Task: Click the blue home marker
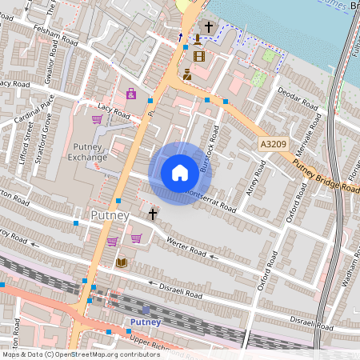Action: point(180,173)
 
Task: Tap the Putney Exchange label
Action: point(87,151)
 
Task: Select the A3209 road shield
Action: point(274,144)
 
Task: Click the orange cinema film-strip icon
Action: point(198,56)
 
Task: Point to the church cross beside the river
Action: point(208,27)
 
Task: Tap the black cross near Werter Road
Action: point(152,214)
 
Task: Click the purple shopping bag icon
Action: point(130,94)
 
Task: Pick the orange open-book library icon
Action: point(122,262)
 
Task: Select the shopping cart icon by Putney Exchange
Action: point(98,120)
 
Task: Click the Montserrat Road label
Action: point(210,199)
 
